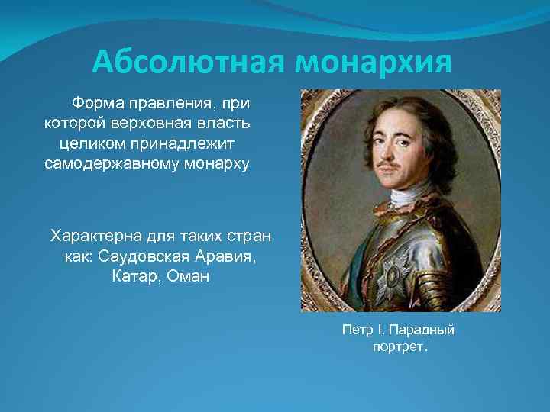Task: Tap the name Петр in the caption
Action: (x=357, y=330)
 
